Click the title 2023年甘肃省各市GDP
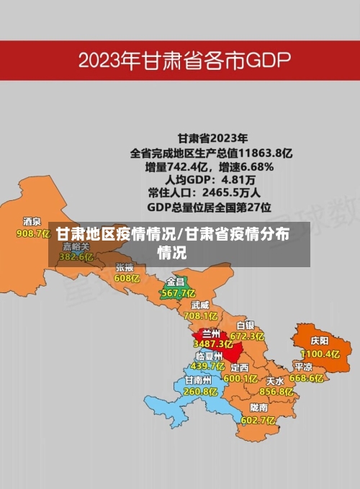point(184,60)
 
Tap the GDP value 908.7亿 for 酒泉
point(32,233)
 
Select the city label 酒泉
point(32,222)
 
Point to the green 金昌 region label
point(176,281)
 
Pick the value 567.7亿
point(178,293)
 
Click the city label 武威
point(200,304)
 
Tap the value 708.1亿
point(200,315)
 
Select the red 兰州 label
point(212,333)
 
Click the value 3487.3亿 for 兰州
point(213,344)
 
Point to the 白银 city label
point(246,325)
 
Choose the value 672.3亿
point(247,336)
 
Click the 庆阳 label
point(319,340)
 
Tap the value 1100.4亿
point(320,354)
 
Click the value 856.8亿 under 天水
point(276,392)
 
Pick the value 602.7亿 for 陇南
point(258,420)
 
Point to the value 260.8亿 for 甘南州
point(200,392)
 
